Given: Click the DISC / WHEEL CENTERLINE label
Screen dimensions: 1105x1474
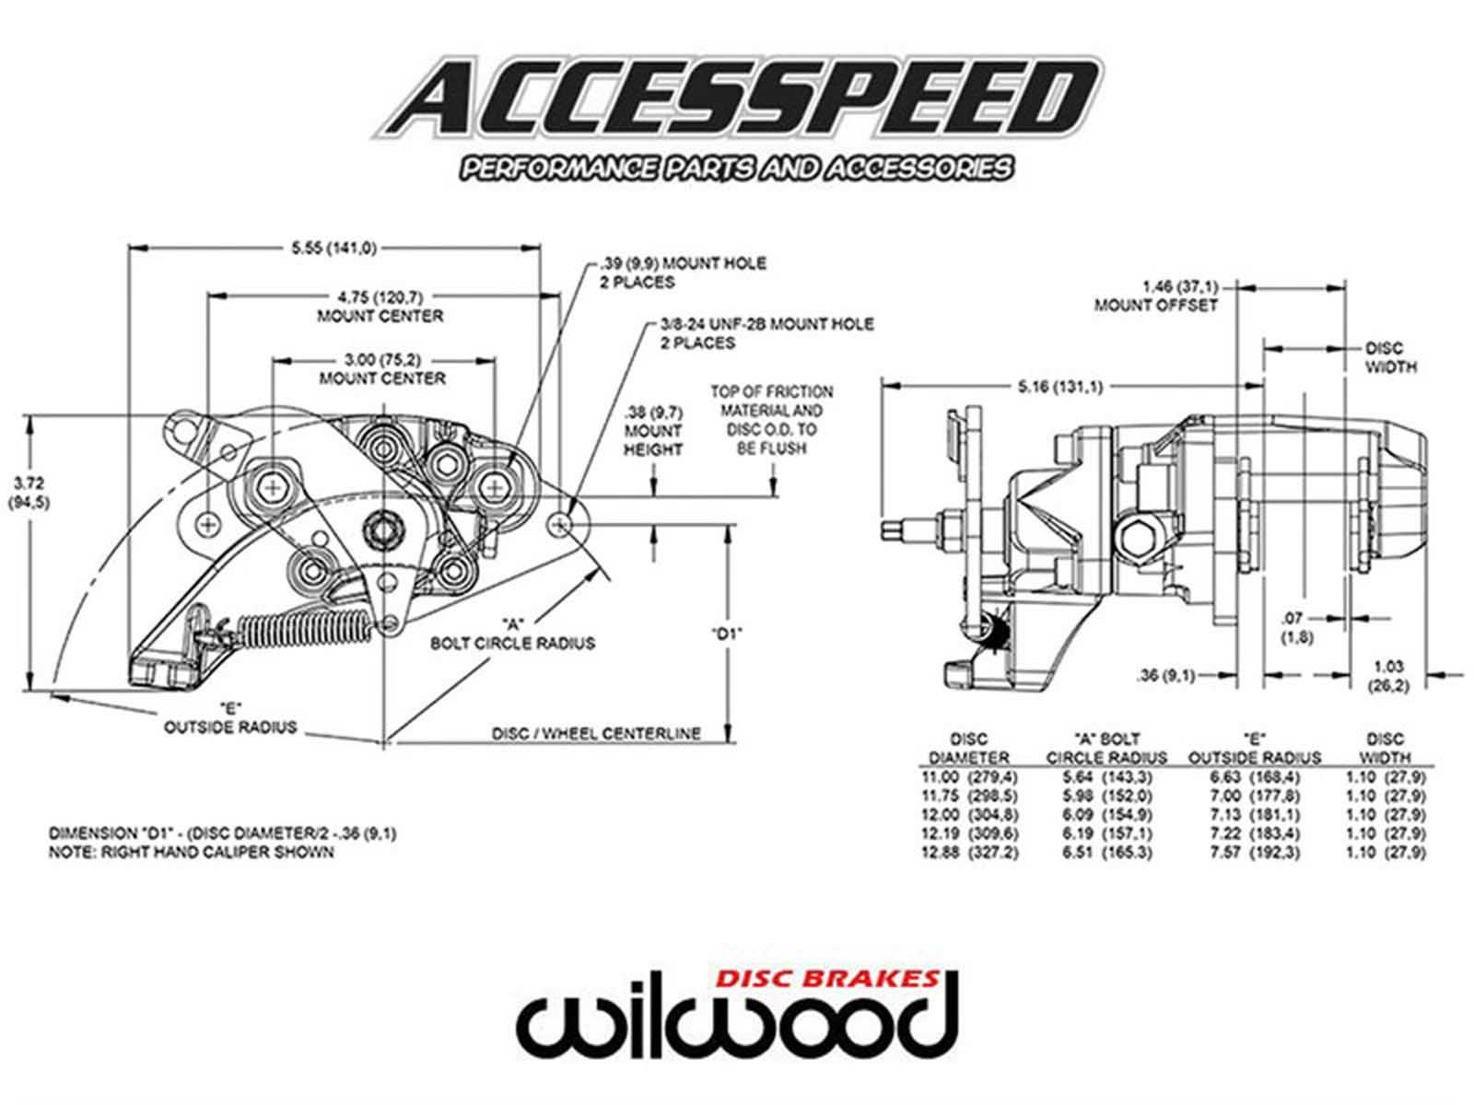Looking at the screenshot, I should (596, 734).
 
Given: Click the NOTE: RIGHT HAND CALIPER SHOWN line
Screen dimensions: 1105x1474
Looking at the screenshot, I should (192, 853).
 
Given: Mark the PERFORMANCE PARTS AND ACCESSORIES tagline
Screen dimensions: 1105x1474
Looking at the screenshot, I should (737, 169).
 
